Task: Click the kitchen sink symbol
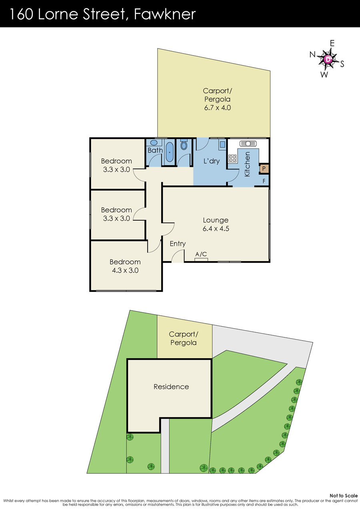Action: pos(248,144)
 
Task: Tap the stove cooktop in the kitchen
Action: pos(232,158)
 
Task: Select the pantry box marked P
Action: pos(264,169)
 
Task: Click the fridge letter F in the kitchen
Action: pos(264,181)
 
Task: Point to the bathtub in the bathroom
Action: pos(170,152)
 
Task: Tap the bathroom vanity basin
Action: pos(154,143)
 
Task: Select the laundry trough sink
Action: pos(222,144)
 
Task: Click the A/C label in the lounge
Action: pos(201,254)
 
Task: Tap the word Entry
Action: pos(178,244)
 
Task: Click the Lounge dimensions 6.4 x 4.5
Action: pos(216,228)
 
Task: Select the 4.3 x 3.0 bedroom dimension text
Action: pos(125,270)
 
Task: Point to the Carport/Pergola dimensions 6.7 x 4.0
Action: pos(218,108)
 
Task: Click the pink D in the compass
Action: pos(328,60)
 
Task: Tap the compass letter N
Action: pos(313,54)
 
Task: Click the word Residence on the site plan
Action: pos(171,387)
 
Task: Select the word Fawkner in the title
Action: pos(165,14)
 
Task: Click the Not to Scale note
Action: pos(344,495)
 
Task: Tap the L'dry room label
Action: pos(212,161)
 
